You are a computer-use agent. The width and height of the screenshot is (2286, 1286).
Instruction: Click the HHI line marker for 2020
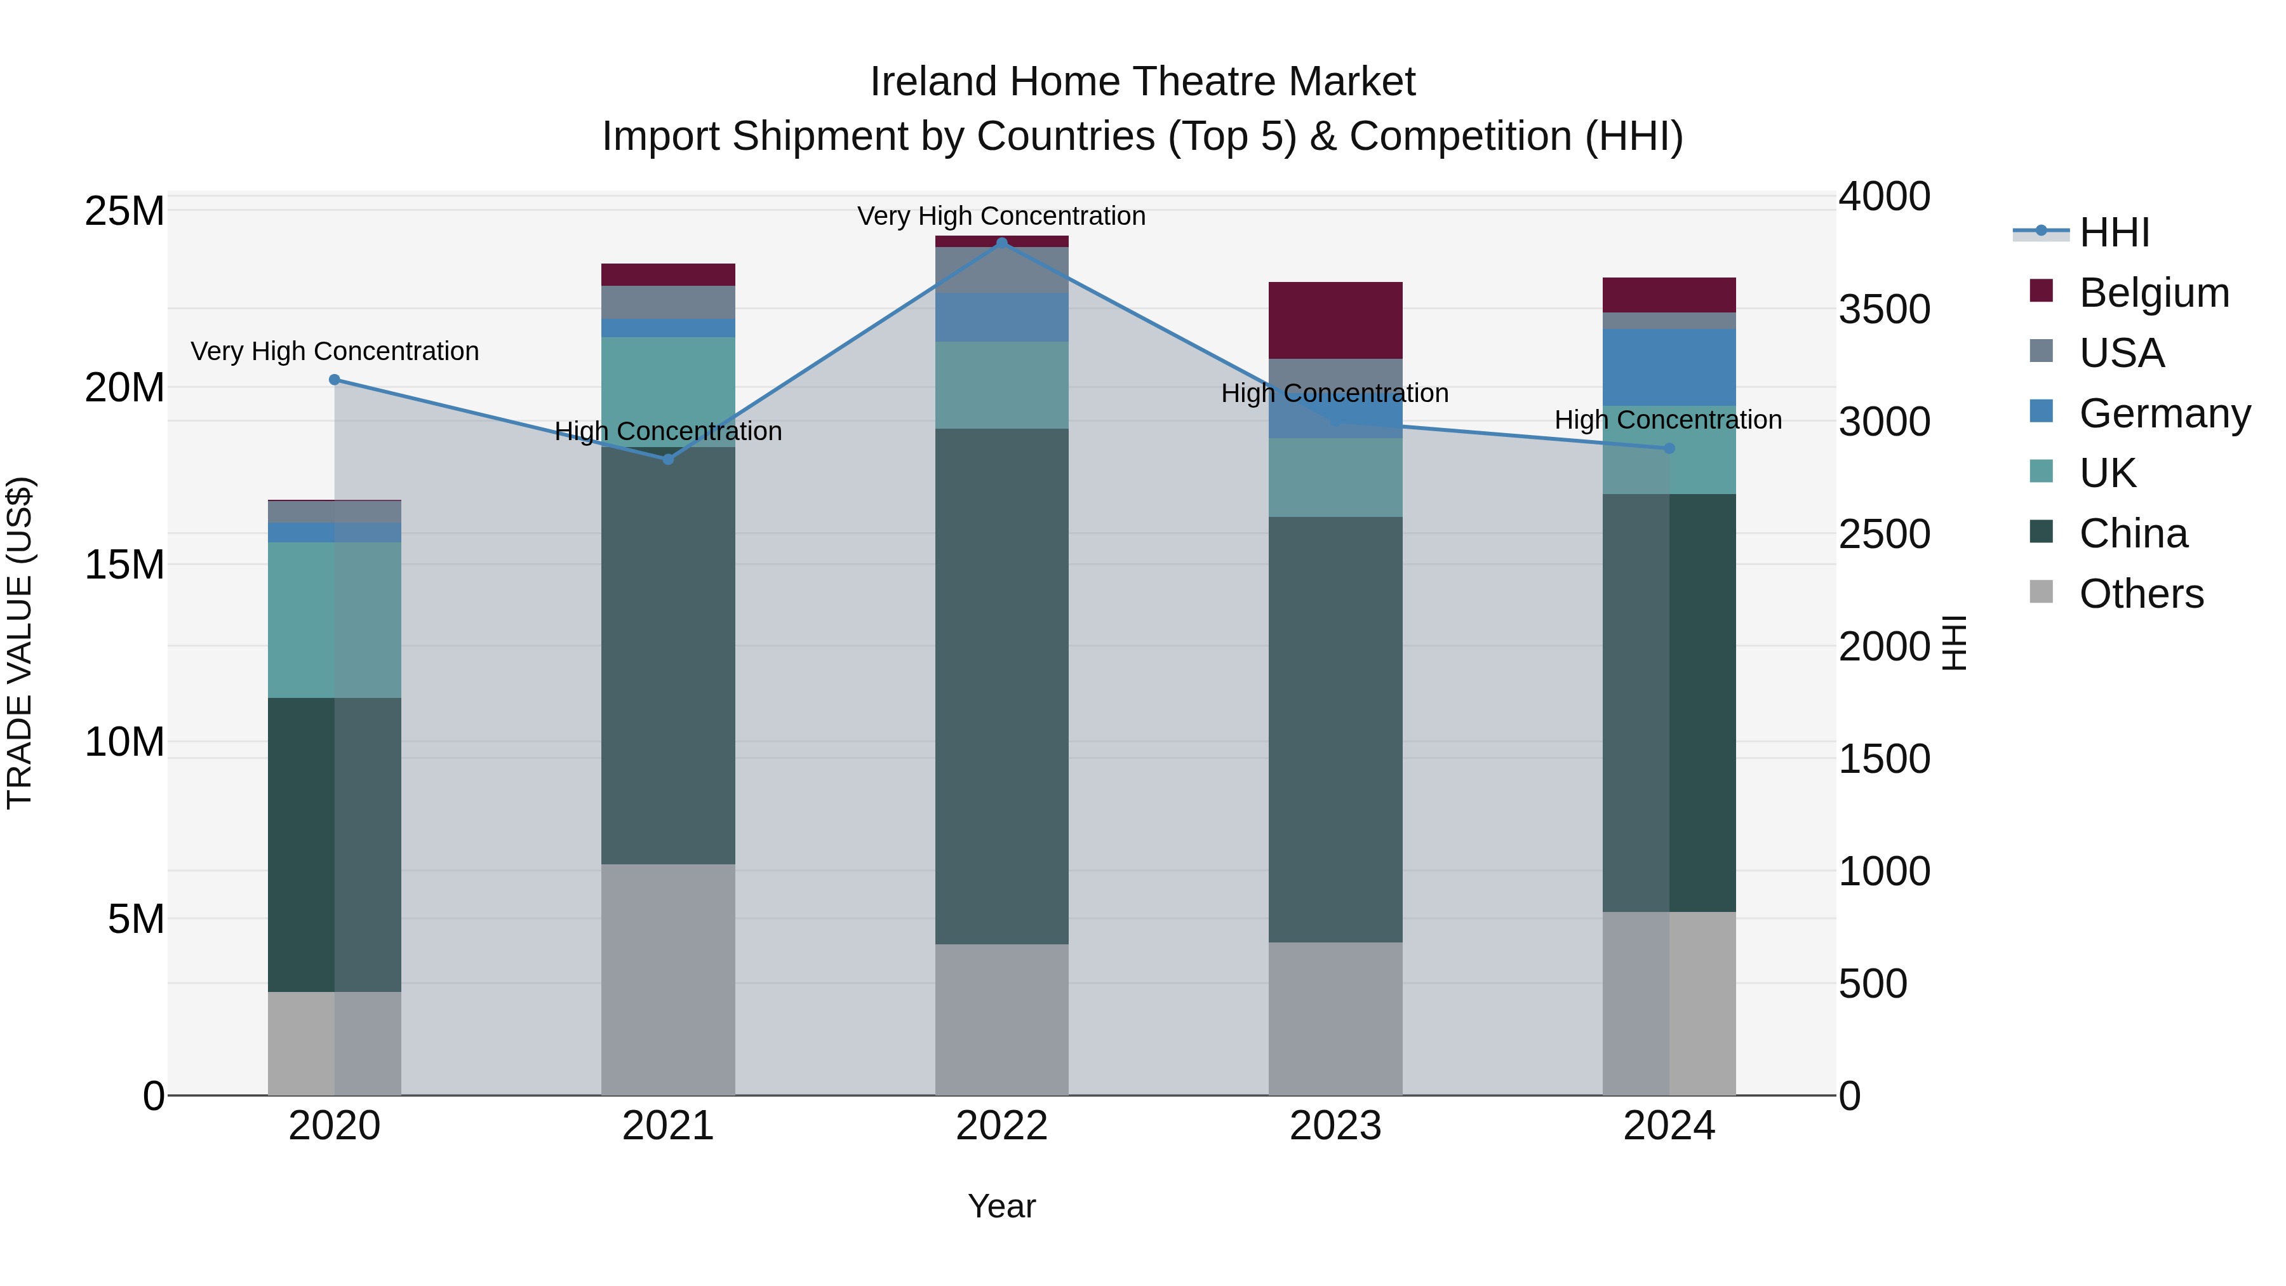[x=335, y=380]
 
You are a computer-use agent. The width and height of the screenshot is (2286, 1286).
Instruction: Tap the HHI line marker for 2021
[x=668, y=459]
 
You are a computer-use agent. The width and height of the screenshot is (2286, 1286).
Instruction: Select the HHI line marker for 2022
[x=1002, y=243]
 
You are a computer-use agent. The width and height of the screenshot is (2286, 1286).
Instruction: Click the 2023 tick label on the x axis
[x=1335, y=1126]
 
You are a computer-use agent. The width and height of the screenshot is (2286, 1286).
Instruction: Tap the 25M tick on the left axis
[x=124, y=211]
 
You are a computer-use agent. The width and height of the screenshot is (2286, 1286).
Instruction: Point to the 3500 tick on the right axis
[x=1884, y=310]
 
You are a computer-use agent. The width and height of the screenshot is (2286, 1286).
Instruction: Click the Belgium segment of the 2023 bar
[x=1335, y=321]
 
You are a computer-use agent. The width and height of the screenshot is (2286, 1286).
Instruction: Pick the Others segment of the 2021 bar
[x=668, y=979]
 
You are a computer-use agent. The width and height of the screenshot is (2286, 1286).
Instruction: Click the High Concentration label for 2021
[x=668, y=431]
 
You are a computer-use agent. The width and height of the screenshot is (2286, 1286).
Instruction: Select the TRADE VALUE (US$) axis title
[x=20, y=643]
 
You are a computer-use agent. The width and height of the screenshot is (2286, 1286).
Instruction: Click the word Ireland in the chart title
[x=933, y=82]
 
